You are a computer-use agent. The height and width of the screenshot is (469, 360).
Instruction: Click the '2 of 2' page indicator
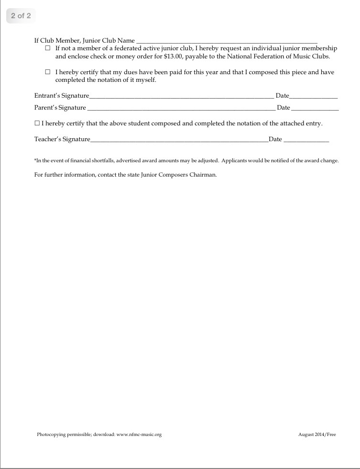21,16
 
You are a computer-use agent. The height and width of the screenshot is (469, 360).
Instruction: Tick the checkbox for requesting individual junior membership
47,48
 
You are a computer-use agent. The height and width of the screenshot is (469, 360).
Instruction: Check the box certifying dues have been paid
47,72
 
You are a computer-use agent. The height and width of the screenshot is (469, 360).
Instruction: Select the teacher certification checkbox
37,123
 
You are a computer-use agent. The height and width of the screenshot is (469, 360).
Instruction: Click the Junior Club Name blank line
227,42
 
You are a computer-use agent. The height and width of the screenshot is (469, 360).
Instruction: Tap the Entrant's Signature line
182,97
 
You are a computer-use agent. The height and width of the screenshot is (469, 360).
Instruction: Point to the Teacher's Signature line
179,141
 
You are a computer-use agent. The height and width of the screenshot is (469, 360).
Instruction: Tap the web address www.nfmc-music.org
139,435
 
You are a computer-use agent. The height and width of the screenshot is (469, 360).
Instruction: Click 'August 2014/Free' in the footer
317,435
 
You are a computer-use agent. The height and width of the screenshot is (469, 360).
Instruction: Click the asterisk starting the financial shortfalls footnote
35,160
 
